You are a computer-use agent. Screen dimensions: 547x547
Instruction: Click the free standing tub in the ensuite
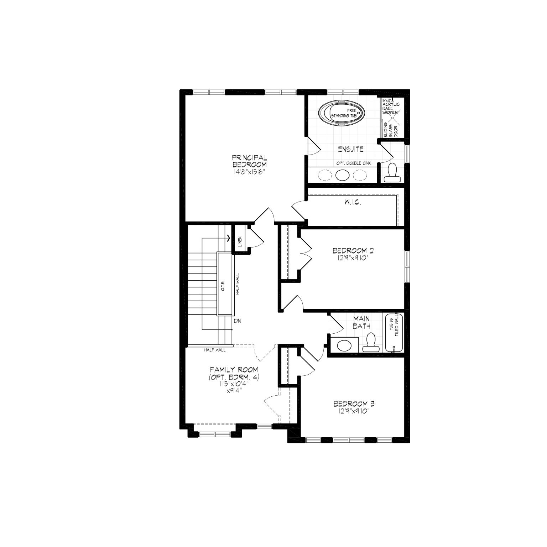click(x=342, y=114)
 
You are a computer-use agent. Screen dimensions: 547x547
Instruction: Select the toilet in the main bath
click(x=370, y=343)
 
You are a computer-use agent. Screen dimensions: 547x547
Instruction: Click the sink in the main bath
click(x=344, y=345)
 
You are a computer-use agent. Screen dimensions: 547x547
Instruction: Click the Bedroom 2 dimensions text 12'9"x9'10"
click(x=351, y=257)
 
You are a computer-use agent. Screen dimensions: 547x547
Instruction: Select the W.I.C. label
click(x=353, y=203)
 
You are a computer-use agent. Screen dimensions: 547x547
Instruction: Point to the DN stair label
click(x=238, y=321)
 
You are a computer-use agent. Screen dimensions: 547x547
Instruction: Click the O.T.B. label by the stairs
click(x=222, y=288)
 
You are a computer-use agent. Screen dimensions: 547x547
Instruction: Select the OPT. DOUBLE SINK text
click(x=354, y=163)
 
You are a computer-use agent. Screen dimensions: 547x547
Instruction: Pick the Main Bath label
click(x=361, y=322)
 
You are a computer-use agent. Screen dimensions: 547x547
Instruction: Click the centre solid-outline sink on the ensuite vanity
click(x=343, y=175)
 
